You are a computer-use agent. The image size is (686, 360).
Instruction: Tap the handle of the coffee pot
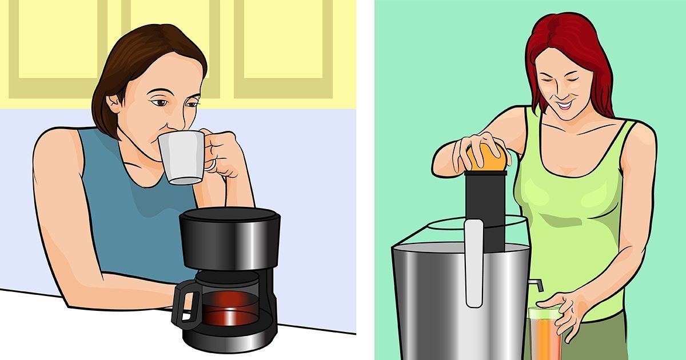(184, 306)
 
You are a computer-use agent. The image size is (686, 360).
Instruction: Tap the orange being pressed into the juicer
(487, 157)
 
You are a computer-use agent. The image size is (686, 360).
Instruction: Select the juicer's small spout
(534, 285)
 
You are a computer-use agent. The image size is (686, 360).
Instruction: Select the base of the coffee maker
(229, 343)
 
